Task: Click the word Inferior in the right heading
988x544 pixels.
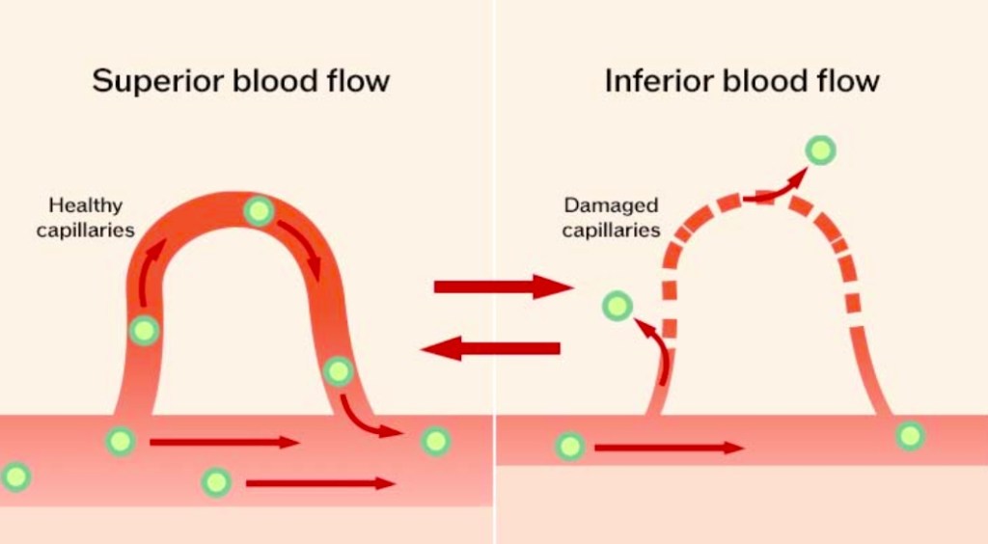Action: [x=653, y=81]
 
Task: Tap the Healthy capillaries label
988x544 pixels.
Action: [x=86, y=217]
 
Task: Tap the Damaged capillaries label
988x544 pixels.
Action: [x=611, y=217]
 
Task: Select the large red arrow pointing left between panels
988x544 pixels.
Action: [x=491, y=348]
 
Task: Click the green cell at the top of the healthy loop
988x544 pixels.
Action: [x=259, y=211]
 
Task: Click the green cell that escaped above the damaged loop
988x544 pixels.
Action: [x=821, y=150]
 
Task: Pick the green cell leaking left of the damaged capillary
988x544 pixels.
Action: [x=617, y=307]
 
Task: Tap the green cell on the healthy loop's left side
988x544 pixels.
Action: [x=144, y=331]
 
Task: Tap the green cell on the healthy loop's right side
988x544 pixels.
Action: [x=338, y=370]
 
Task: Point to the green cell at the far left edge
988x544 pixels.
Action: [x=15, y=476]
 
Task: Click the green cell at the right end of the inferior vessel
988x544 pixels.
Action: [x=910, y=435]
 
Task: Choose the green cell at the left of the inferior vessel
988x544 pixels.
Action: [x=570, y=446]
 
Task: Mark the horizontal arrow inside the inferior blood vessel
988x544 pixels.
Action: [x=669, y=448]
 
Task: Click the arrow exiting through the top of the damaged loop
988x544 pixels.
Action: [x=777, y=188]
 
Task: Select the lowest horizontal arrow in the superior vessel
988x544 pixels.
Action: [x=320, y=483]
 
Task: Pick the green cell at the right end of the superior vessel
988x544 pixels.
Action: [x=436, y=441]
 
